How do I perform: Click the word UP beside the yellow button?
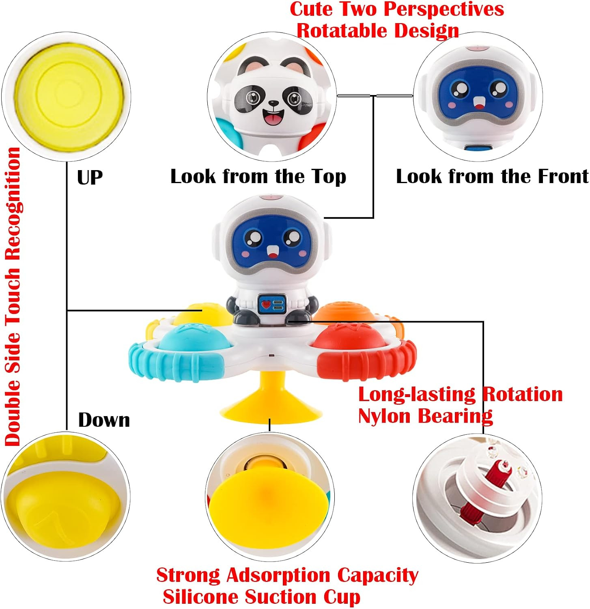tap(90, 177)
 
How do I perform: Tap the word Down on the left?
tap(104, 420)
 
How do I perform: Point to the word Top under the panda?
tap(329, 177)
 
